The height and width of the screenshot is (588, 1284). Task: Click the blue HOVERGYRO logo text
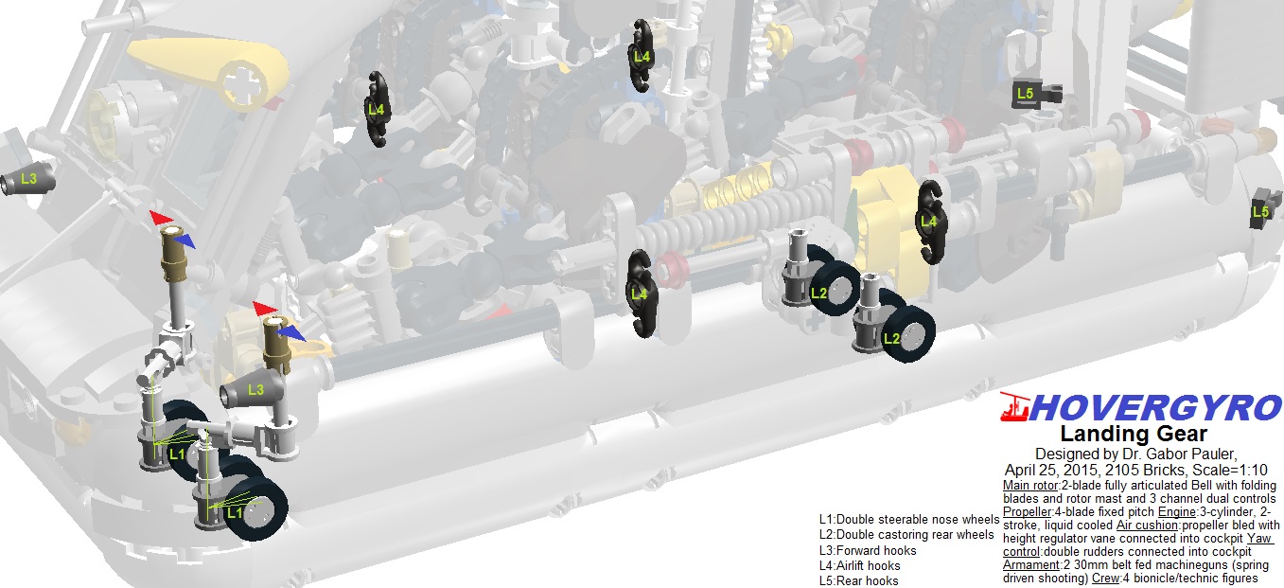(x=1155, y=408)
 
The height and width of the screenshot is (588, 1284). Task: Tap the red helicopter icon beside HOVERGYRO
(x=1014, y=407)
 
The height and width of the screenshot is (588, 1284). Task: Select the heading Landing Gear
(x=1134, y=433)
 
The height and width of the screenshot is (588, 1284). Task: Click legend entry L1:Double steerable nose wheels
(x=909, y=519)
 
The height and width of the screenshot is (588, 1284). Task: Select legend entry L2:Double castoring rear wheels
(x=906, y=535)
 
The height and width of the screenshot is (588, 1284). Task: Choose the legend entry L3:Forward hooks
(x=868, y=551)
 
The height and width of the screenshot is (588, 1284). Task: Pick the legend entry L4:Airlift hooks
(x=859, y=565)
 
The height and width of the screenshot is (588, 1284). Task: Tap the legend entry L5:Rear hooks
(x=858, y=580)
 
